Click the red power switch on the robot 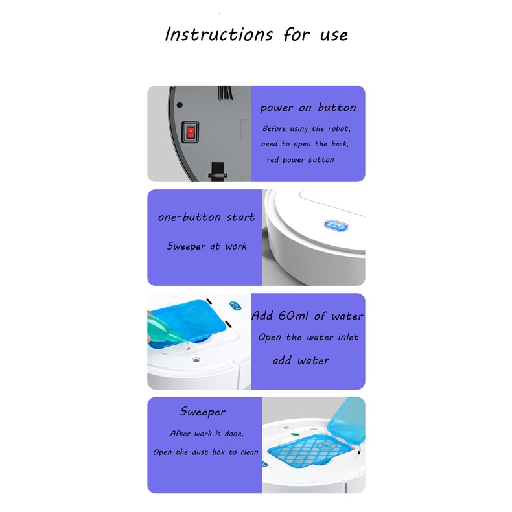click(x=191, y=132)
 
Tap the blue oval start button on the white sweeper click(x=336, y=226)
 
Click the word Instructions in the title click(x=218, y=34)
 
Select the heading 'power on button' click(x=308, y=108)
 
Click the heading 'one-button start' click(x=206, y=217)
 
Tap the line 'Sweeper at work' click(x=207, y=246)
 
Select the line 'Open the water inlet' click(x=308, y=337)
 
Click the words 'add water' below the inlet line click(x=301, y=360)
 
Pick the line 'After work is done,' click(x=207, y=434)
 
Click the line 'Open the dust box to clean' click(x=205, y=452)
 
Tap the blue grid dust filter click(x=307, y=450)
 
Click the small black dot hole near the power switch click(x=180, y=105)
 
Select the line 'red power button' click(x=301, y=159)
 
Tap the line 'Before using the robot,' click(x=307, y=129)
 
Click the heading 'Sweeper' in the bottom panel click(x=203, y=412)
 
